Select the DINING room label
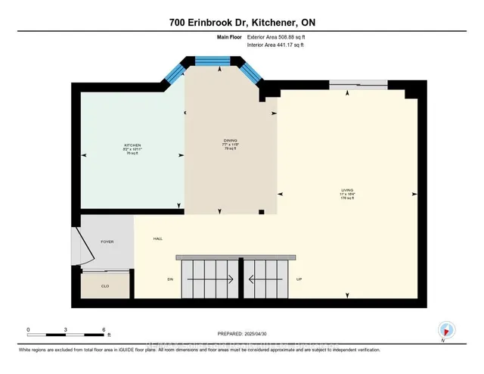(231, 141)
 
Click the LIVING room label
(347, 190)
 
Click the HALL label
(158, 238)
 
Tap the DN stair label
(171, 279)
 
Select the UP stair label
(299, 279)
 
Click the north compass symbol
(447, 329)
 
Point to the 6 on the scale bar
(103, 329)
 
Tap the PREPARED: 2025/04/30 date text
(243, 333)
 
